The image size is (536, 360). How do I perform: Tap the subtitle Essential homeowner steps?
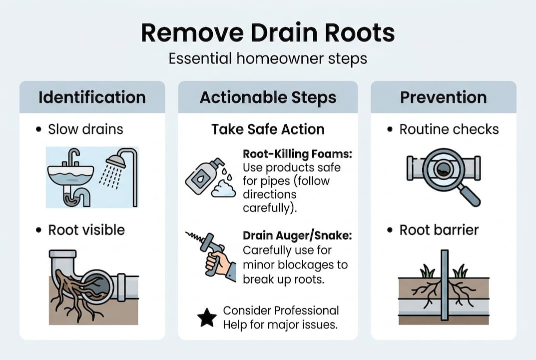268,58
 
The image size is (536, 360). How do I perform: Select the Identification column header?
92,97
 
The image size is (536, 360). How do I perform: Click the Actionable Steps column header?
268,97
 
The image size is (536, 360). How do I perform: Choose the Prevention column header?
443,97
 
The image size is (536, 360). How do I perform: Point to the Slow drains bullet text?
85,129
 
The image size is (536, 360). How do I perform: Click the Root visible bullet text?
86,230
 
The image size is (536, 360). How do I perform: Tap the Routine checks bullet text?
449,129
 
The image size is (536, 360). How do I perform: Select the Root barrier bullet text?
439,230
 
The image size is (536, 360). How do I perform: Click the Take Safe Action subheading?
268,129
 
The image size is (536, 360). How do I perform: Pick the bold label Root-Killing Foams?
297,154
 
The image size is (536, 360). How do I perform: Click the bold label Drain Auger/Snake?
297,235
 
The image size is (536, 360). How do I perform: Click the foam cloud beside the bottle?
223,190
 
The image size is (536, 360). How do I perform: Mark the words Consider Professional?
281,310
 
